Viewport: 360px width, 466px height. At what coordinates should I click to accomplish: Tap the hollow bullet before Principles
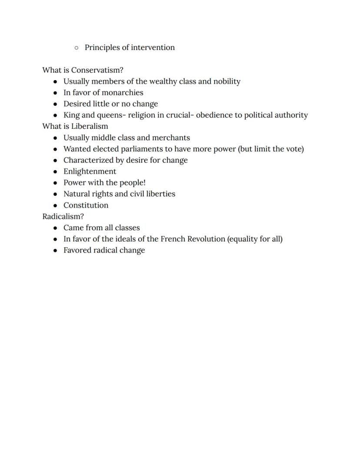point(77,48)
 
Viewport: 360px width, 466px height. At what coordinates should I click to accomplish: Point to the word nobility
point(227,81)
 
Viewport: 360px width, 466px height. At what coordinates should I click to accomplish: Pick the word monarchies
point(122,93)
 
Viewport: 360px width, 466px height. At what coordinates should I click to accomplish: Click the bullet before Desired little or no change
point(55,104)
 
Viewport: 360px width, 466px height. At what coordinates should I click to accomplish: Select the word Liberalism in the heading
point(90,126)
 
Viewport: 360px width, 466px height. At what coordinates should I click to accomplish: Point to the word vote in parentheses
point(293,149)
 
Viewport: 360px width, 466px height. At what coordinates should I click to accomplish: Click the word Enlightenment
point(90,171)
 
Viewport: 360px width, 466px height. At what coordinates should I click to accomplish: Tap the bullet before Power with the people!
point(55,183)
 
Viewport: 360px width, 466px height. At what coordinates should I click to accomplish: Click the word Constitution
point(86,205)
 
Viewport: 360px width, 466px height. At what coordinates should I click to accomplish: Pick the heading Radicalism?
point(63,216)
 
